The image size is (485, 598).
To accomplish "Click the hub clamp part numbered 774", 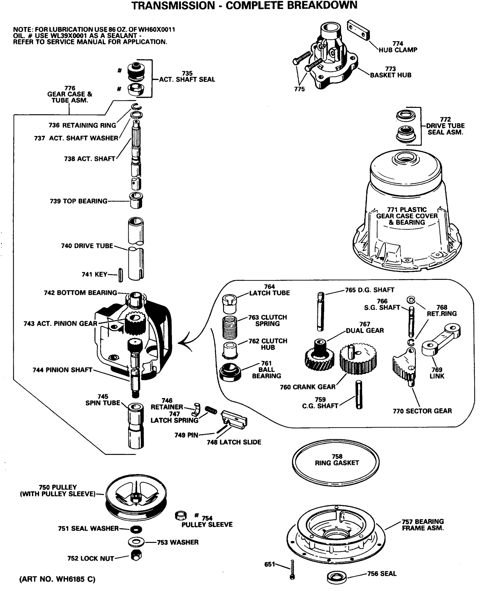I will coord(358,30).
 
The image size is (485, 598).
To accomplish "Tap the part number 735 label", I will coord(187,73).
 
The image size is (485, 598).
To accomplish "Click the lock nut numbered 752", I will coord(136,555).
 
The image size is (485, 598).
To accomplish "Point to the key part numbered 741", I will coord(121,275).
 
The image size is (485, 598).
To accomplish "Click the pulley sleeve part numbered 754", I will coord(180,516).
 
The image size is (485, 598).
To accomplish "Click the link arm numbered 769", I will coord(441,339).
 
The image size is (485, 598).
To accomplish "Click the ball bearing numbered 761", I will coord(230,372).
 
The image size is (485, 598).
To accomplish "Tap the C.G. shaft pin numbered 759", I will coord(359,395).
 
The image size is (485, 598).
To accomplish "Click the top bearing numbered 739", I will coord(136,200).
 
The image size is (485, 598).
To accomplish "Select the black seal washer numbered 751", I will coord(136,529).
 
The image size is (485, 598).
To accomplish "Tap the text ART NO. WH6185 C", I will coord(57,579).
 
